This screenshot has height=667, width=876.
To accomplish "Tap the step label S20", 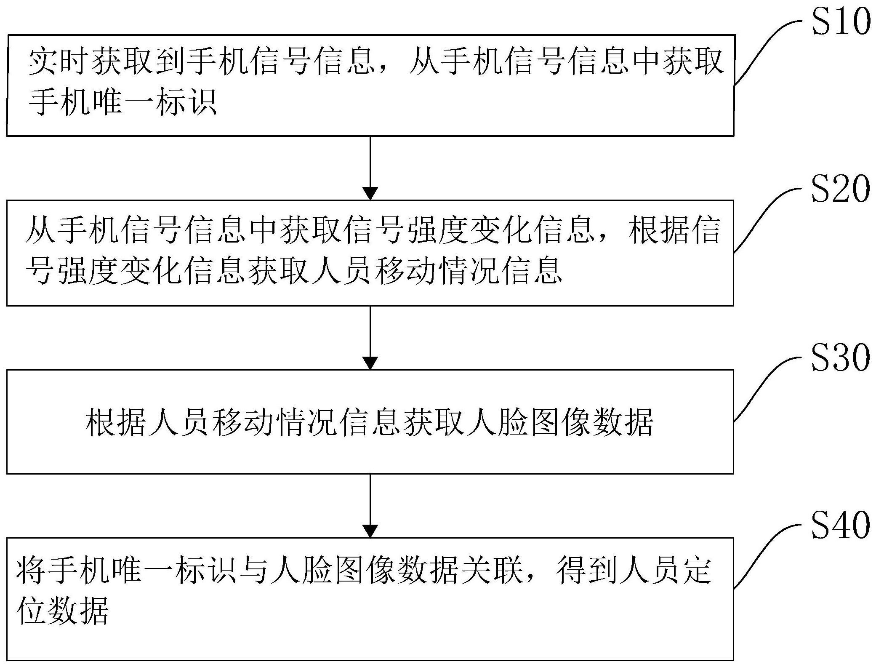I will [x=840, y=189].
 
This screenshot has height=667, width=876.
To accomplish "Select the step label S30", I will [x=840, y=358].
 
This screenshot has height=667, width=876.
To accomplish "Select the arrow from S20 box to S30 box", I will [x=370, y=337].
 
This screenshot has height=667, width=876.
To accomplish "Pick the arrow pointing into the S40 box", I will [x=370, y=505].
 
